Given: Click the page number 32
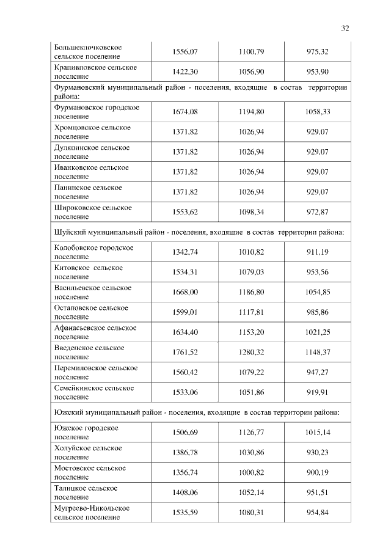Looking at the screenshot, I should point(345,28).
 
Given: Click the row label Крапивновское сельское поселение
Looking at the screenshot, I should point(95,71).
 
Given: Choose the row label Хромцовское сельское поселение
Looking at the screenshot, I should point(92,131).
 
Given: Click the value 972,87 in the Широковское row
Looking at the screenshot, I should point(317,211).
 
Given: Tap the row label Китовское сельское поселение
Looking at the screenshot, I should point(89,272).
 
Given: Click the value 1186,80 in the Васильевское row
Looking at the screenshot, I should point(251,292).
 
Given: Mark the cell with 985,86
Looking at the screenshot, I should point(317,312).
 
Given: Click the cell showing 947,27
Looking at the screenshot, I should point(317,372).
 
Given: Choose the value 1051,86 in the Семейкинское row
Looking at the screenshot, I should point(251,392).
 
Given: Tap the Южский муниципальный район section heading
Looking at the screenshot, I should point(199,412).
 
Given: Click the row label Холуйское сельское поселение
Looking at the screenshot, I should point(88,452).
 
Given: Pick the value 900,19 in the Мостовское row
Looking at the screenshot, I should point(317,472).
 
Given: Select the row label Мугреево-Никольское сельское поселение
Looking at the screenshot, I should point(92,512).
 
